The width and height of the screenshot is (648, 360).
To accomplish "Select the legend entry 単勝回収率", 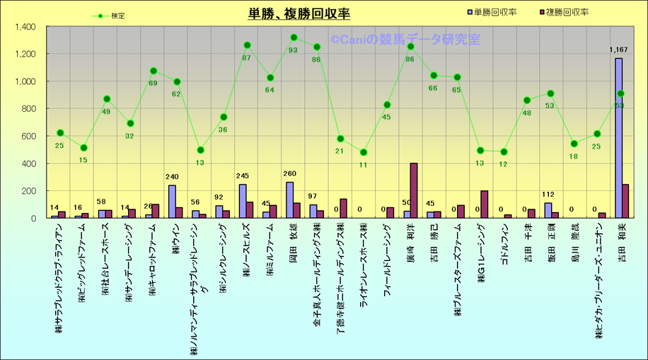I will tap(494, 12).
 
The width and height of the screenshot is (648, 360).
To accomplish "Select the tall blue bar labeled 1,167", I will tap(618, 138).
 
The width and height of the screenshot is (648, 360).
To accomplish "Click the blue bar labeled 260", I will tap(289, 200).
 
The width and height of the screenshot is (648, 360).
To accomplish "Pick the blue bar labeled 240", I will tap(172, 202).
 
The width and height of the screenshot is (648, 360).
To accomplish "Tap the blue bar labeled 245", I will tap(243, 201).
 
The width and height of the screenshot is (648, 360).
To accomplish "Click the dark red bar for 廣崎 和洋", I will tap(414, 190).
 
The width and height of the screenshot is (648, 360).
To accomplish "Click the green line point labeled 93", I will tap(294, 37).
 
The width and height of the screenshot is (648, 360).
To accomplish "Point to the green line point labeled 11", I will tap(364, 152).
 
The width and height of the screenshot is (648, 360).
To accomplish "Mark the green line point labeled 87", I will tap(247, 45).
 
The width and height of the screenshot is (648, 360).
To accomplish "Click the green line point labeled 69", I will tap(154, 71).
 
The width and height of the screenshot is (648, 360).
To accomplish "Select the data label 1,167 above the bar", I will tap(618, 50).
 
